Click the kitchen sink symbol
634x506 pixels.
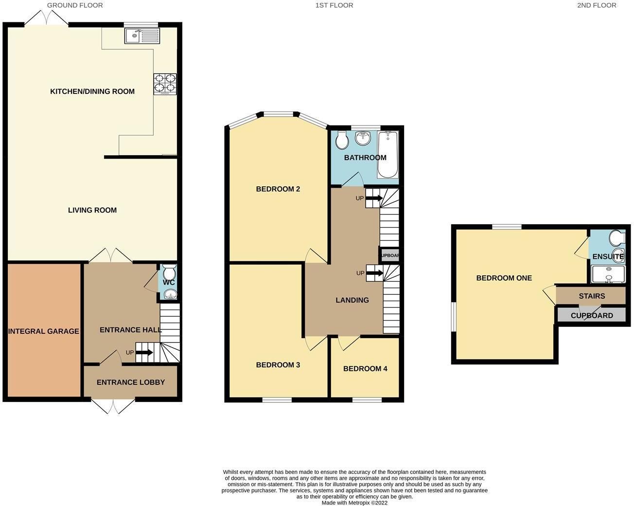click(141, 36)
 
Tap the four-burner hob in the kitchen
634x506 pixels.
click(165, 83)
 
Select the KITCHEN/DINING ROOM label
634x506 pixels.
click(92, 91)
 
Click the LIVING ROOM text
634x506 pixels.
click(92, 210)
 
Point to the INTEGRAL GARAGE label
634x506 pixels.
click(44, 331)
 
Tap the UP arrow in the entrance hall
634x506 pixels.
click(144, 352)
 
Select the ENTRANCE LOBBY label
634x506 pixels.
click(131, 382)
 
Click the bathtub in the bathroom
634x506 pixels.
click(388, 154)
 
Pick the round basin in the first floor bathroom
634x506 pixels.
click(363, 139)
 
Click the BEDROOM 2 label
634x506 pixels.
click(278, 189)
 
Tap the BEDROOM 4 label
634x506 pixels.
click(365, 369)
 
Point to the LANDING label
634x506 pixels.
click(352, 300)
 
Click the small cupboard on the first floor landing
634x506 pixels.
click(389, 255)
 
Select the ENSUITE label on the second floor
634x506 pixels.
click(608, 256)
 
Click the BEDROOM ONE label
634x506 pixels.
click(504, 278)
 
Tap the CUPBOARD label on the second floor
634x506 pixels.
click(592, 316)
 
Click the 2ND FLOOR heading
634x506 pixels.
click(597, 5)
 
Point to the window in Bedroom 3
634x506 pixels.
click(277, 400)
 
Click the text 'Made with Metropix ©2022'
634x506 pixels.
click(354, 503)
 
